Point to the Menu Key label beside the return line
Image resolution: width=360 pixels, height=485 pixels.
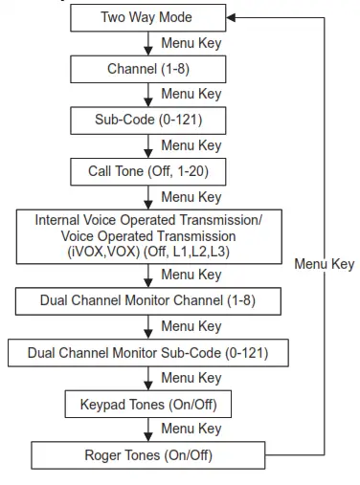pos(324,263)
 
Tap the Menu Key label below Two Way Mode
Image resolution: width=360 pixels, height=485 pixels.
pos(191,42)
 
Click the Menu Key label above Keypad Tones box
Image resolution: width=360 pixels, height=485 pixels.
pos(191,378)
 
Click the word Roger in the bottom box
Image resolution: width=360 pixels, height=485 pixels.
pos(104,454)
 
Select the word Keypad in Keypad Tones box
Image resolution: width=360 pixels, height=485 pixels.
pos(105,404)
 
